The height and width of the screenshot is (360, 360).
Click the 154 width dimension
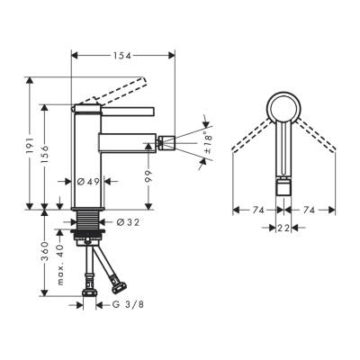click(123, 56)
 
